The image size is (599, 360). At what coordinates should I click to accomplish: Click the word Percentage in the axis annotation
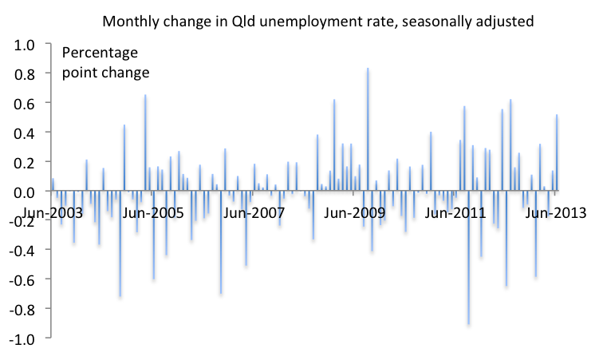click(x=100, y=54)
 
